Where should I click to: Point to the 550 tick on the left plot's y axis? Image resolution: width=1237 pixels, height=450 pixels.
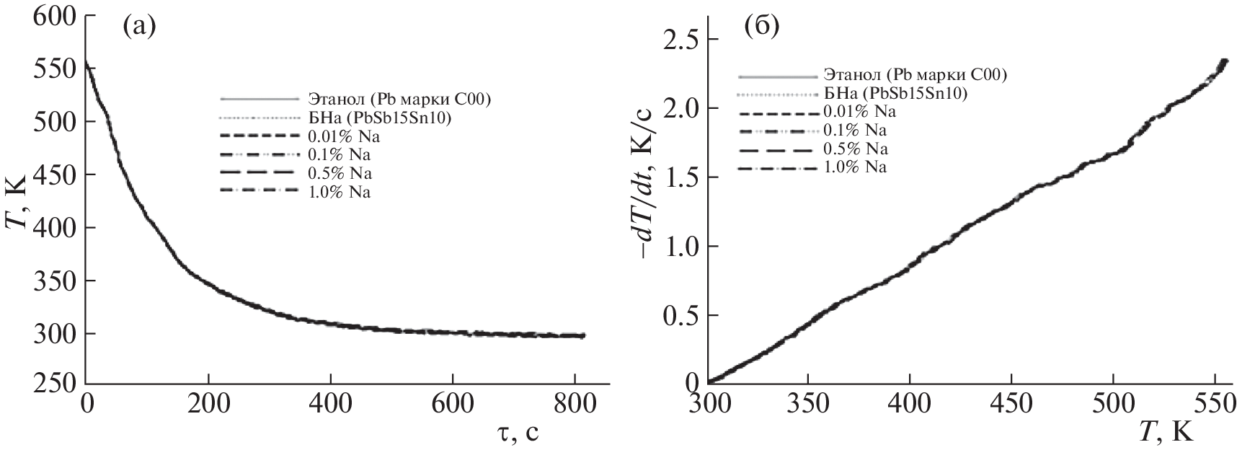pyautogui.click(x=54, y=69)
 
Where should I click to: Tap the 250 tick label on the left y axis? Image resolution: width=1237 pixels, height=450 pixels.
pyautogui.click(x=54, y=386)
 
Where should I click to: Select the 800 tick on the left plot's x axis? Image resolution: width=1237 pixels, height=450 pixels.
pyautogui.click(x=575, y=405)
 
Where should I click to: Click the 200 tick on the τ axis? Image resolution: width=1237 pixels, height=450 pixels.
pyautogui.click(x=208, y=405)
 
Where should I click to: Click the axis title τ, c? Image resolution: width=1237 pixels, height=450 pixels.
pyautogui.click(x=512, y=432)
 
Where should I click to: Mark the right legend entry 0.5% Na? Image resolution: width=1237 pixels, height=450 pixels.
pyautogui.click(x=855, y=149)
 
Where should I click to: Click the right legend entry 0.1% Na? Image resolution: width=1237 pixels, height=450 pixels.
pyautogui.click(x=855, y=131)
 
